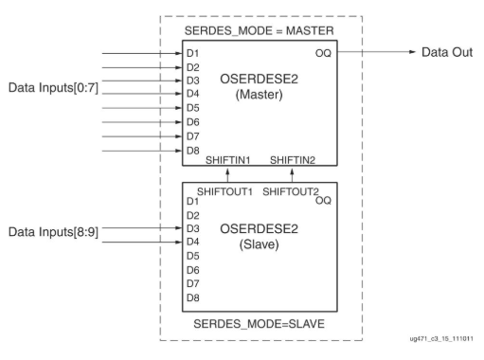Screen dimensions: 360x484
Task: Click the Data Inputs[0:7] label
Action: point(55,88)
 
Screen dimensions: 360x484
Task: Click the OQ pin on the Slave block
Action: point(323,201)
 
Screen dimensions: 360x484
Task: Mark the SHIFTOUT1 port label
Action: point(225,192)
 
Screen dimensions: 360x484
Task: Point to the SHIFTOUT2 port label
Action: point(289,192)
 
